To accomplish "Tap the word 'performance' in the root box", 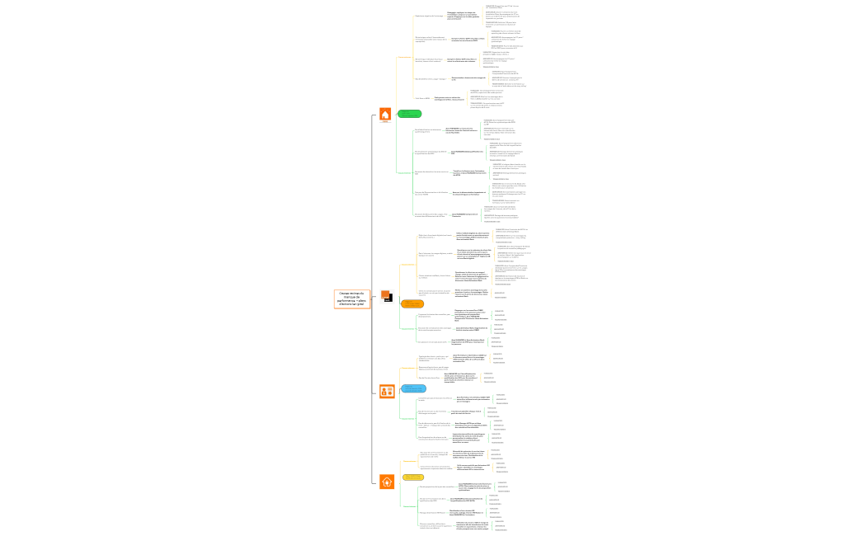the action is click(x=351, y=300).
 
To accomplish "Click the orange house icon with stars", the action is click(x=385, y=115).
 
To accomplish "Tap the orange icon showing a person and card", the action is click(x=385, y=392).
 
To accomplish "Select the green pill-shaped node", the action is click(x=410, y=114).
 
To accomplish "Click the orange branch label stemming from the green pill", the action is click(x=405, y=57).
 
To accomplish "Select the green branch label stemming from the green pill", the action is click(x=405, y=172).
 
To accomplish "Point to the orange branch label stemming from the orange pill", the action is click(x=407, y=265).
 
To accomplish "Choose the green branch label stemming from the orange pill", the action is click(x=407, y=328).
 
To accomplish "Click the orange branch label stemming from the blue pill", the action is click(x=407, y=369).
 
